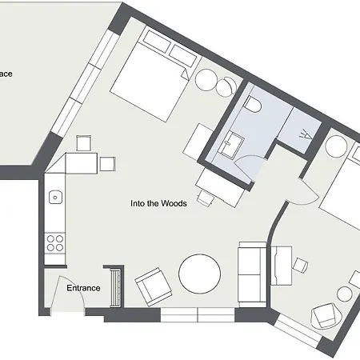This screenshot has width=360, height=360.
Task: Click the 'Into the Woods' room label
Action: [x=158, y=203]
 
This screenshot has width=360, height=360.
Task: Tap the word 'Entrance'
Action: [x=83, y=288]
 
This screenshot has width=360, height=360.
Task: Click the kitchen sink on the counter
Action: [x=55, y=196]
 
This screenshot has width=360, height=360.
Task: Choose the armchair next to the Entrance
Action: [x=153, y=286]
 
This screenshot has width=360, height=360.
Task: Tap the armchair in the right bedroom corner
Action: [x=327, y=314]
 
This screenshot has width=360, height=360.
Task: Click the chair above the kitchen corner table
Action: [x=82, y=143]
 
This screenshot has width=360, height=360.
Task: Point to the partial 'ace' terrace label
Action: [x=6, y=74]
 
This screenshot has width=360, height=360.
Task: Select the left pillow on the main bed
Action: [x=152, y=42]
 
